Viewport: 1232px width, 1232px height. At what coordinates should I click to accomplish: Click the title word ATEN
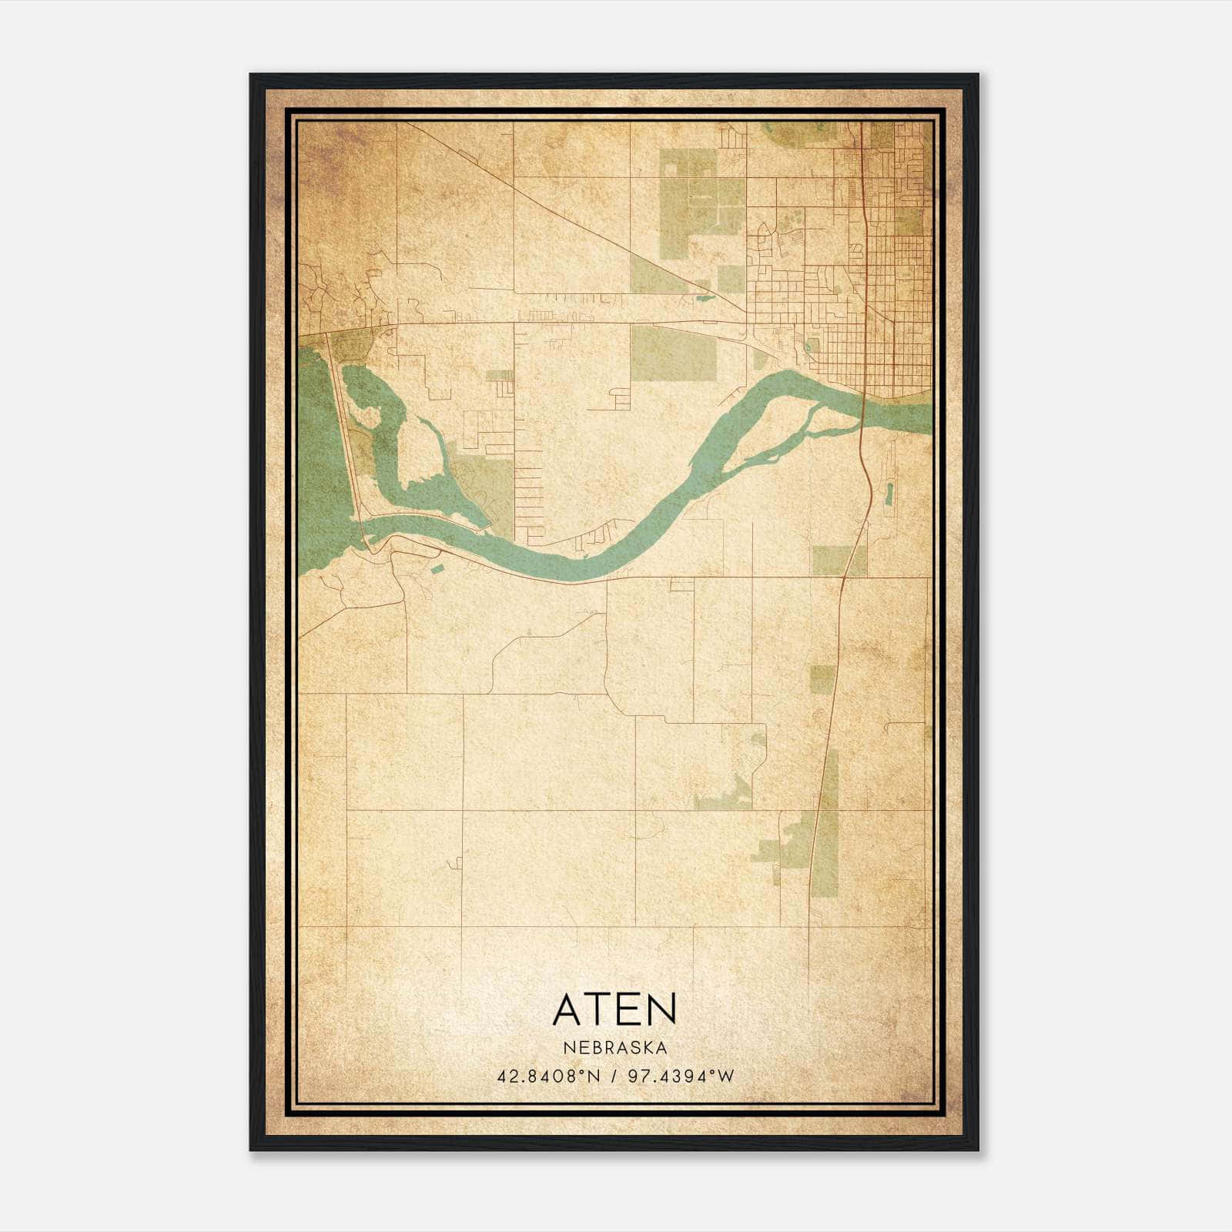point(614,1009)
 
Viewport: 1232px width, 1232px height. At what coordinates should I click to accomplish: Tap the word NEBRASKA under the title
point(614,1048)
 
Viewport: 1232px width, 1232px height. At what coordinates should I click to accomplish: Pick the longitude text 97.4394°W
point(681,1076)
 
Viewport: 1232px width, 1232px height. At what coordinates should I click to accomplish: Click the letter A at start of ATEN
point(568,1009)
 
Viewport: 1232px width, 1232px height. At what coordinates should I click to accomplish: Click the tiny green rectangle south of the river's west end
point(437,569)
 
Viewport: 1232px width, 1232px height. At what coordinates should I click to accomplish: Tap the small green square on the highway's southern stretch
point(822,680)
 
